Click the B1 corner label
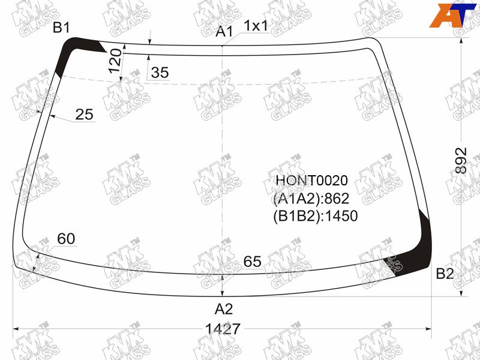coord(61,28)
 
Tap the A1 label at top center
coord(224,32)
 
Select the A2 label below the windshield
coord(224,309)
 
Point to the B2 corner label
coord(445,274)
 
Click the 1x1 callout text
coord(256,26)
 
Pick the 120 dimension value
coord(115,61)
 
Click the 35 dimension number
coord(160,73)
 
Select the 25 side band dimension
coord(84,115)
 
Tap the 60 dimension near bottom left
coord(66,238)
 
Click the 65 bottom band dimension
coord(252,262)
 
